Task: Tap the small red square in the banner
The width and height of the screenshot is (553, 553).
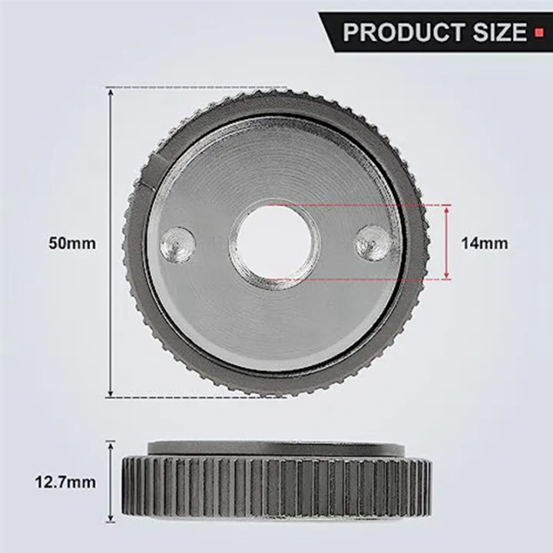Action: coord(538,33)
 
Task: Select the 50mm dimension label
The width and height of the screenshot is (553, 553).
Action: coord(73,243)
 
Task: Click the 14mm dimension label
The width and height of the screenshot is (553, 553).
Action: coord(484,243)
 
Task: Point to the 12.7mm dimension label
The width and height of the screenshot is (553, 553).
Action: coord(66,482)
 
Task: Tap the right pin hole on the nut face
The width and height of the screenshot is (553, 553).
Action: coord(373,243)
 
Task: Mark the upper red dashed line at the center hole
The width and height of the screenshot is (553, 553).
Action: coord(361,205)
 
